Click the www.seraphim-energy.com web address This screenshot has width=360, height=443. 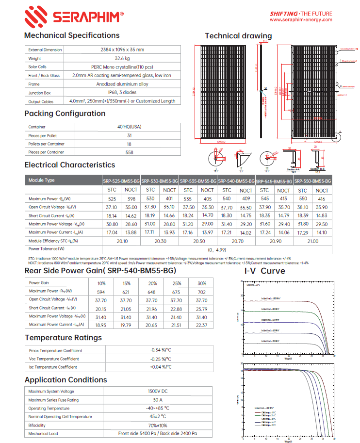point(301,20)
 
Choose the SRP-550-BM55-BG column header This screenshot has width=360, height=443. point(312,180)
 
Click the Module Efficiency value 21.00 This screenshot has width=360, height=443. point(312,241)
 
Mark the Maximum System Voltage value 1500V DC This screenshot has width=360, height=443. point(157,392)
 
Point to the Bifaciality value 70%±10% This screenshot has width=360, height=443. point(157,425)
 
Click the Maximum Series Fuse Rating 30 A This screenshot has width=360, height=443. point(157,400)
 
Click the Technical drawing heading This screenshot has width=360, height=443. point(238,36)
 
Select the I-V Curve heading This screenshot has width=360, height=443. point(264,271)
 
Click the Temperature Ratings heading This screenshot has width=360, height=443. point(63,338)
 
